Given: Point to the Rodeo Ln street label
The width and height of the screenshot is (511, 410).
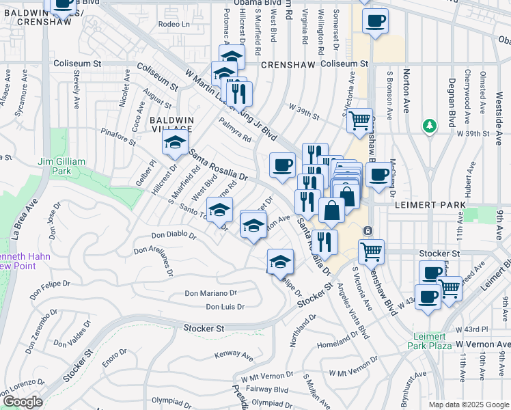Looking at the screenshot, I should (x=172, y=24).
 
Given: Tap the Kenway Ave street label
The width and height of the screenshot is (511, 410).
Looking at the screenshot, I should (x=234, y=354).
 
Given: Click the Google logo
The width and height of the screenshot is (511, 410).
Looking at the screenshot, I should (x=23, y=401).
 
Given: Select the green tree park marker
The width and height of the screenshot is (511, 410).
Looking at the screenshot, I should (x=430, y=126).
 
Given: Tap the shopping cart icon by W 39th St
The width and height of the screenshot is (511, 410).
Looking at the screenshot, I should (x=359, y=122).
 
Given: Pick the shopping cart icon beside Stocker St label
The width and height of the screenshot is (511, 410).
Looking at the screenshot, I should (x=372, y=251).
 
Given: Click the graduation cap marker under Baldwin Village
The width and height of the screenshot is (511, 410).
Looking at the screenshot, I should (x=175, y=144).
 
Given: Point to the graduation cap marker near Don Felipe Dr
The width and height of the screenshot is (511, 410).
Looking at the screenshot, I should (x=279, y=262).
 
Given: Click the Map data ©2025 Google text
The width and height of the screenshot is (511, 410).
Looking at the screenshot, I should (x=469, y=404).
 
